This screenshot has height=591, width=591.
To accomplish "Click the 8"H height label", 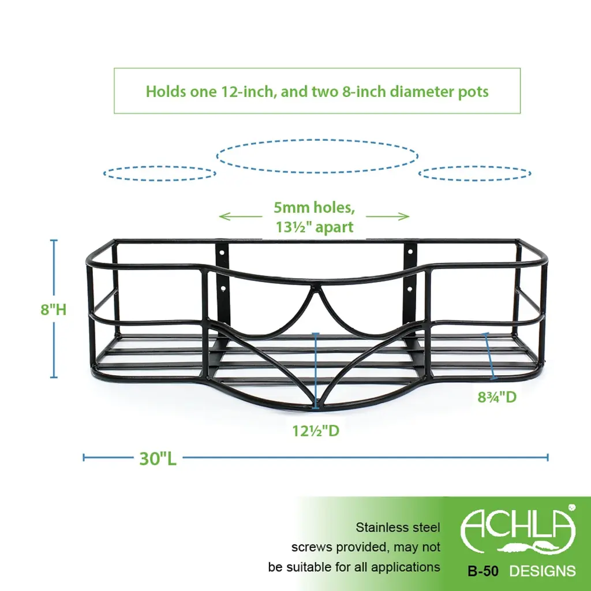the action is pyautogui.click(x=54, y=310).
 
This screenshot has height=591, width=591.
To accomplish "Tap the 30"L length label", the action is pyautogui.click(x=158, y=458).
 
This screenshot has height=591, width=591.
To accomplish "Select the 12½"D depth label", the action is pyautogui.click(x=316, y=431).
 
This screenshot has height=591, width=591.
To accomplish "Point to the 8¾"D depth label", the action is pyautogui.click(x=497, y=397).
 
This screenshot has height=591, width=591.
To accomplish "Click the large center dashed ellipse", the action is pyautogui.click(x=317, y=156).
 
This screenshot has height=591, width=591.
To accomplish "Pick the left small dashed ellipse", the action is pyautogui.click(x=159, y=173).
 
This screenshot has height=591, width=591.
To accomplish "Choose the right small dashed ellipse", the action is pyautogui.click(x=475, y=173).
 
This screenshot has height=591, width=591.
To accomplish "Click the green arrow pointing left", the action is pyautogui.click(x=241, y=216).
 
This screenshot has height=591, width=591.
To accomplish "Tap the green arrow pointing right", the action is pyautogui.click(x=387, y=216).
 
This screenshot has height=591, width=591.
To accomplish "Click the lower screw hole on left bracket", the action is pyautogui.click(x=223, y=289).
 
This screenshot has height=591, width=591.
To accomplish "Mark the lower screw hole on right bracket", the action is pyautogui.click(x=410, y=290).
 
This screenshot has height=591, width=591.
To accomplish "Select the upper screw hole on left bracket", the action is pyautogui.click(x=222, y=250).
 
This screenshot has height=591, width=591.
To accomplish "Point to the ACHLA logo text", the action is pyautogui.click(x=518, y=526).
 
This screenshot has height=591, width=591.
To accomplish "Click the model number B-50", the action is pyautogui.click(x=483, y=571).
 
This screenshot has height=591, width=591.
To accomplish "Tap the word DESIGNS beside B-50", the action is pyautogui.click(x=543, y=571).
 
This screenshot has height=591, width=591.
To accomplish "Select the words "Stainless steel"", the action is pyautogui.click(x=398, y=528).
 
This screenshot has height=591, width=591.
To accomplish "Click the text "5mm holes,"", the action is pyautogui.click(x=315, y=207).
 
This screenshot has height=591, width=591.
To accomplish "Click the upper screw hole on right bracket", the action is pyautogui.click(x=410, y=250).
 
